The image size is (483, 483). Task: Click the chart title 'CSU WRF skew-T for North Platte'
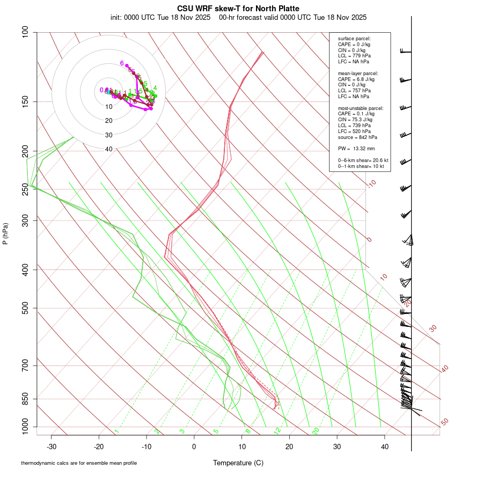[238, 9]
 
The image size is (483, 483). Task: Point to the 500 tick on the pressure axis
[25, 308]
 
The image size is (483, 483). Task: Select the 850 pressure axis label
[25, 399]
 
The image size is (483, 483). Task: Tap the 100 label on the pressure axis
[25, 32]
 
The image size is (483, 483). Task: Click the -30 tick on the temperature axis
[52, 447]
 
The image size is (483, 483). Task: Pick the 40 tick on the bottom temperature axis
[384, 447]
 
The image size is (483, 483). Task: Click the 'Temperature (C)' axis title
[238, 463]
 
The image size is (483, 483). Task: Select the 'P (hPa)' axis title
[5, 233]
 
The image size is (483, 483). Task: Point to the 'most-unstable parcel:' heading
[361, 108]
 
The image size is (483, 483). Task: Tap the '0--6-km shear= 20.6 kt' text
[363, 160]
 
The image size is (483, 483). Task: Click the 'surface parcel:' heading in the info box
[354, 39]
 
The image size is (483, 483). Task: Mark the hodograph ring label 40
[109, 149]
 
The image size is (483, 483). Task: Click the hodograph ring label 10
[109, 107]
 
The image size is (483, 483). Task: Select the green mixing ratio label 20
[316, 431]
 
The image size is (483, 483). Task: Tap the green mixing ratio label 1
[116, 431]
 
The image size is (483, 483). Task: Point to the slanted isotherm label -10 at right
[372, 184]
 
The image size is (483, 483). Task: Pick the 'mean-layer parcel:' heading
[358, 73]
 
